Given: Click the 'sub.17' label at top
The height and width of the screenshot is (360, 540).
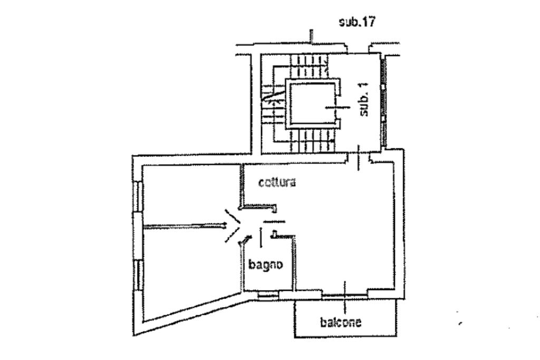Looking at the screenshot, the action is [357, 22].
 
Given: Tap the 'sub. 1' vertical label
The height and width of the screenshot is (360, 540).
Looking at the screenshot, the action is [364, 99].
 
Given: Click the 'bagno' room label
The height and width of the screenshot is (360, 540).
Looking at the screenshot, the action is [266, 264].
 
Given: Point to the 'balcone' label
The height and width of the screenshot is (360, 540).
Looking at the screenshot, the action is [341, 322].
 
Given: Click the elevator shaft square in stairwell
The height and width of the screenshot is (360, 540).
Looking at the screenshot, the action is [312, 104].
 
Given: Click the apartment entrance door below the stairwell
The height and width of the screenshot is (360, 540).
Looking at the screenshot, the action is [359, 158].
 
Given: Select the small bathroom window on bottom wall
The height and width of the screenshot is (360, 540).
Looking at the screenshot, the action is [268, 295].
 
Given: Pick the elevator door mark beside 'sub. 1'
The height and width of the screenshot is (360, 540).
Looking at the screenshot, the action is [337, 108].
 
